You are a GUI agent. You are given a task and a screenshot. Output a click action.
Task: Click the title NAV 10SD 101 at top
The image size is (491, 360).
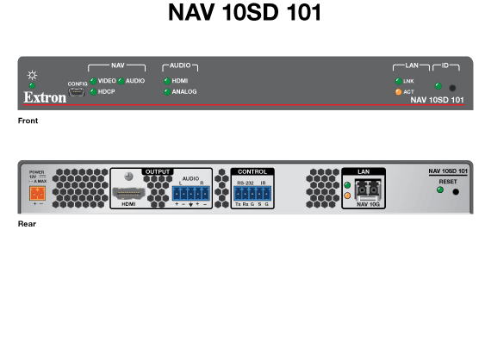(245, 16)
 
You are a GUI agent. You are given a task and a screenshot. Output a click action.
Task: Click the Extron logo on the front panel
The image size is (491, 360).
(40, 98)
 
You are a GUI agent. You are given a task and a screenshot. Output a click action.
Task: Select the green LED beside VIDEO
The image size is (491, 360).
(92, 80)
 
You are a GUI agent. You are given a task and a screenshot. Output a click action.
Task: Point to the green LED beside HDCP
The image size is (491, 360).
(92, 91)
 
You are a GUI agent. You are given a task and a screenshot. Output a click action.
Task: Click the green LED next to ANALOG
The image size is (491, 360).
(166, 91)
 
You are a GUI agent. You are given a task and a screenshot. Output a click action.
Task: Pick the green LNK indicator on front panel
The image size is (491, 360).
(397, 80)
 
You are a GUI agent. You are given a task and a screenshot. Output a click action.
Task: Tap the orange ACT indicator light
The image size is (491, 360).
(397, 91)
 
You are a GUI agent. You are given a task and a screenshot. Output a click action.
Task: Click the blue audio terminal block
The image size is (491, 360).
(190, 194)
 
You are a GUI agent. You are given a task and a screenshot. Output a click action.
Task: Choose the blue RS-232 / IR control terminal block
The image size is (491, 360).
(252, 194)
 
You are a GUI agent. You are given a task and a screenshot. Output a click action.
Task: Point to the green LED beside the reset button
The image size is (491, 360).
(439, 189)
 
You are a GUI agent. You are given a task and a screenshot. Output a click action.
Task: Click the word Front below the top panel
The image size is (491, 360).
(28, 121)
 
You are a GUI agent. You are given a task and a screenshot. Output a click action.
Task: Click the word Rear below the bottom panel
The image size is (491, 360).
(27, 224)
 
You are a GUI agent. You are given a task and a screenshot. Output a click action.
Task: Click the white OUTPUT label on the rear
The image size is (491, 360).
(158, 171)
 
